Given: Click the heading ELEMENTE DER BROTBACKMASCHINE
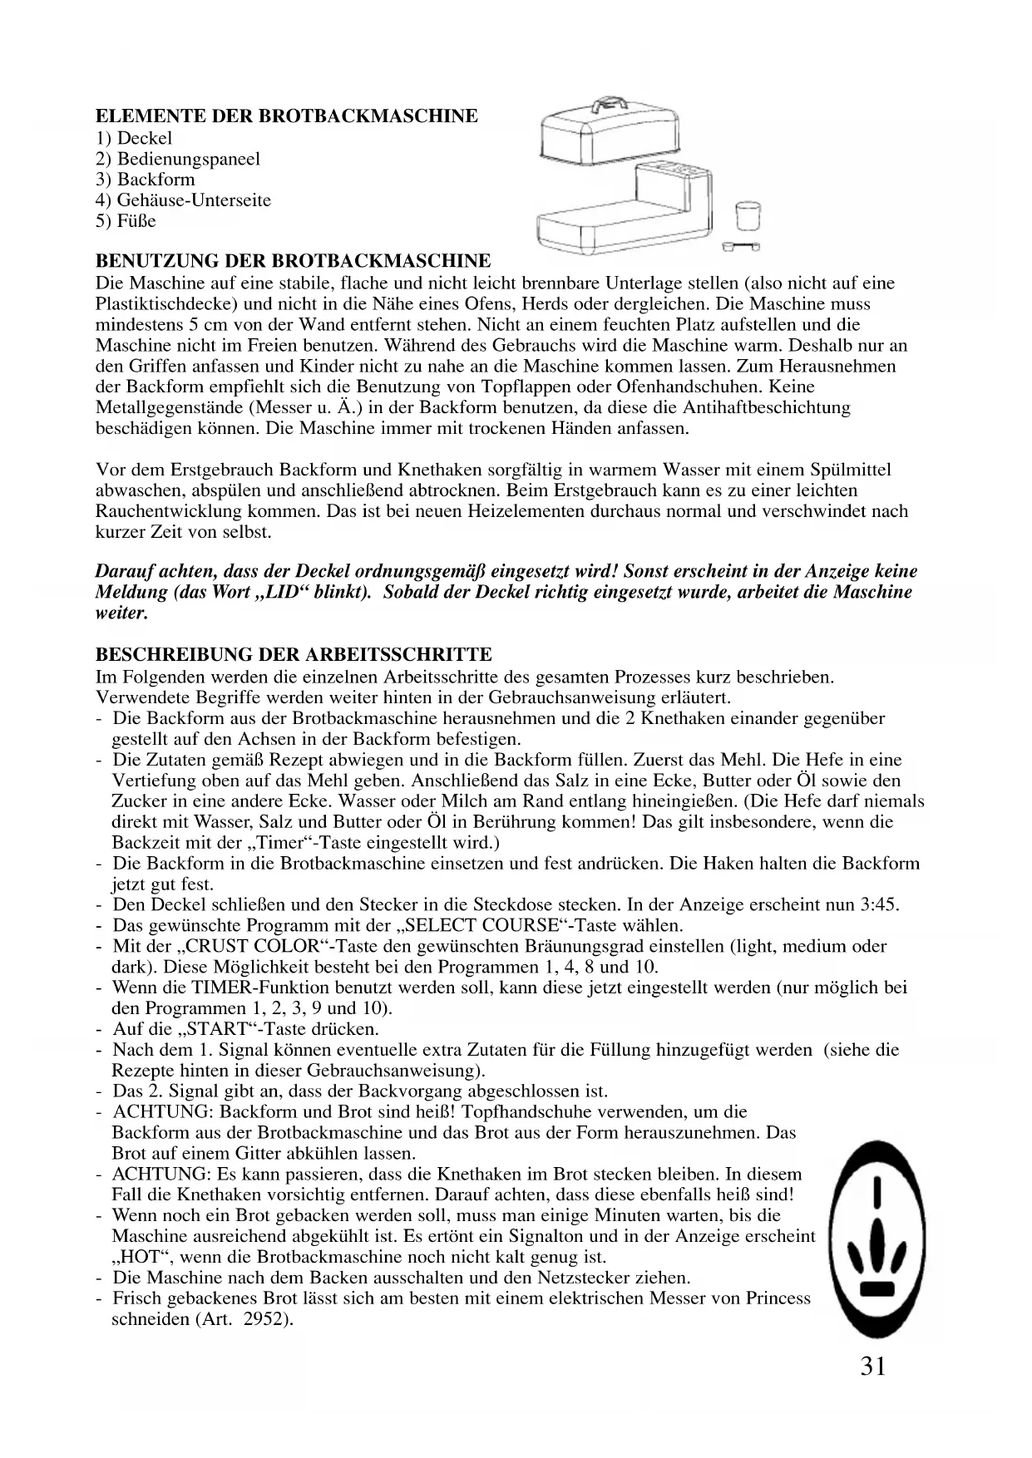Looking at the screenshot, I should click(x=287, y=116).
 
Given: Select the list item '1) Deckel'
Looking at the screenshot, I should click(x=135, y=138).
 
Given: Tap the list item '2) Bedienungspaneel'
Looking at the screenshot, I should click(x=178, y=159).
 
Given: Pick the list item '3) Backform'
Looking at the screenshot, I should click(x=146, y=180).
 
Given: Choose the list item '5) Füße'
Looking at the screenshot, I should click(x=126, y=221).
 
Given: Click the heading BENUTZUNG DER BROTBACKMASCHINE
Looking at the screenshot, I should click(x=294, y=261).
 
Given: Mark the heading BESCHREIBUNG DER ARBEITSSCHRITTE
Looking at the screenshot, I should click(x=294, y=655).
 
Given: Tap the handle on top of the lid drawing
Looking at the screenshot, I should click(x=610, y=106).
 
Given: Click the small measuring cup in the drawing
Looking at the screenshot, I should click(x=749, y=217).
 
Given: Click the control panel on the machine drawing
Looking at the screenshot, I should click(x=680, y=173).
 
